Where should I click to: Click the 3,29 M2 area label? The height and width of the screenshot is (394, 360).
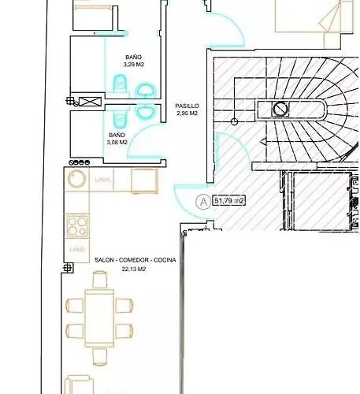tap(135, 65)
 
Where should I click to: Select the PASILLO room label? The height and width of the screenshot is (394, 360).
tap(187, 106)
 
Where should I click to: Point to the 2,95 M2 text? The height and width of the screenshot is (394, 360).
tap(187, 113)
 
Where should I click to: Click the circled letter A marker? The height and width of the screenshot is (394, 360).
tap(203, 201)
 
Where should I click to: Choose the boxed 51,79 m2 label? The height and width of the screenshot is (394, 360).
tap(230, 201)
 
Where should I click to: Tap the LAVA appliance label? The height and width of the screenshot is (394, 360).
tap(102, 180)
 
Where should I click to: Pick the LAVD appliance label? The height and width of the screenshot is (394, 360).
tap(76, 249)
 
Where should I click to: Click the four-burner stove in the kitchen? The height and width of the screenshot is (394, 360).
tap(77, 227)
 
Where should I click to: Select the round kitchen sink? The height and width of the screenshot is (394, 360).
tap(76, 179)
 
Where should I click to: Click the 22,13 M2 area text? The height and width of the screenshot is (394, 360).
tap(135, 268)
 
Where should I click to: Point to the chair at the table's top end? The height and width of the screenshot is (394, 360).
tap(100, 280)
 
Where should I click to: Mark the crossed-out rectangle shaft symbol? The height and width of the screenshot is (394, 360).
tap(91, 101)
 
